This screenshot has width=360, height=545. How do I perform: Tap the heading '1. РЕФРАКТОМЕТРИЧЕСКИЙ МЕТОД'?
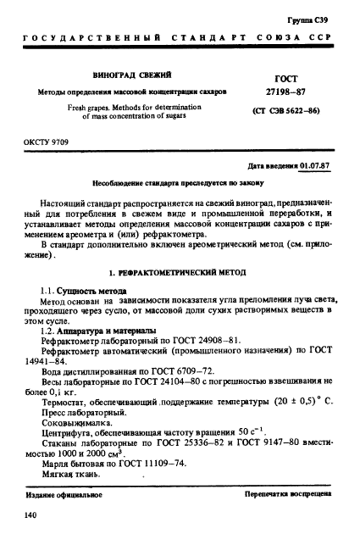tap(180, 275)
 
